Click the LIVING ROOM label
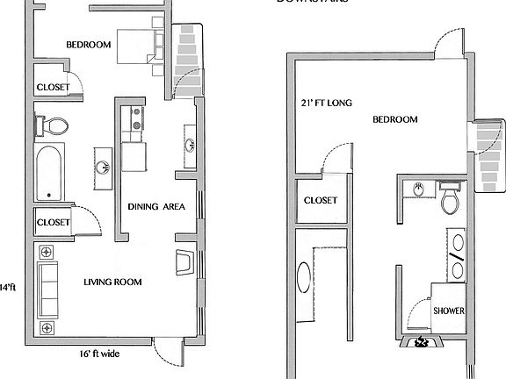[112, 282]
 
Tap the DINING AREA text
[155, 207]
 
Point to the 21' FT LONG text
[326, 104]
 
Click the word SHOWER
[449, 311]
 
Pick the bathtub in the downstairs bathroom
[49, 174]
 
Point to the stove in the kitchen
[135, 124]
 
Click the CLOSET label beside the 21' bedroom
[321, 200]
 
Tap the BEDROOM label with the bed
[89, 45]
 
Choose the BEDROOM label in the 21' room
[394, 119]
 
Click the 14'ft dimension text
[8, 287]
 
